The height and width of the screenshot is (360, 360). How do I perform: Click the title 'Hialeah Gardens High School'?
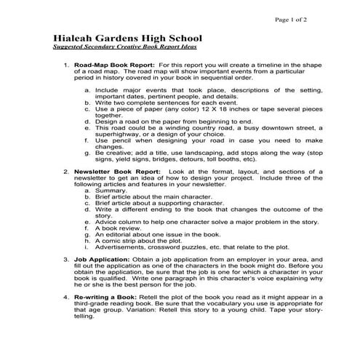[129, 38]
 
